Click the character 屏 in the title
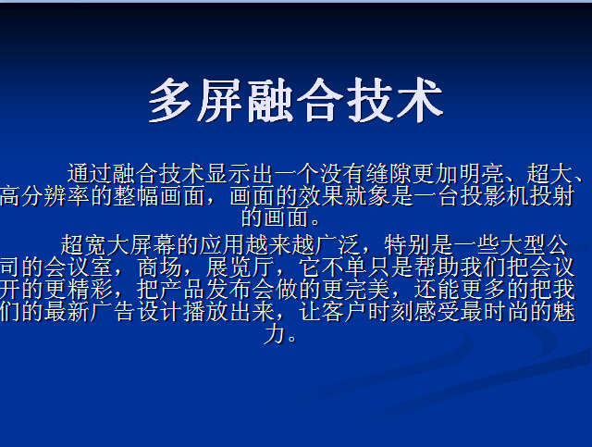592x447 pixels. click(x=221, y=100)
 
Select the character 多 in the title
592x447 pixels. click(x=171, y=100)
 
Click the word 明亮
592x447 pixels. click(x=481, y=174)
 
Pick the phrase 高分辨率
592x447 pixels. click(x=45, y=196)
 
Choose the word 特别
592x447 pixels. click(x=407, y=245)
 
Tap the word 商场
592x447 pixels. click(x=160, y=267)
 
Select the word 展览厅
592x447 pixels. click(x=240, y=267)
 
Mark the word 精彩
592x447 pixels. click(x=91, y=290)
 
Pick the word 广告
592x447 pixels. click(x=113, y=312)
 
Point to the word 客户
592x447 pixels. click(x=344, y=312)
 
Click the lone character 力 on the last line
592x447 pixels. click(x=275, y=334)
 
